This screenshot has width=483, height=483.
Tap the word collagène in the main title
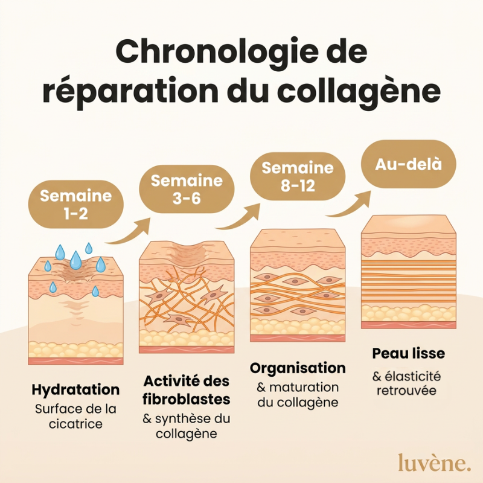pyautogui.click(x=359, y=92)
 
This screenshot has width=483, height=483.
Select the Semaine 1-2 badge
pyautogui.click(x=76, y=204)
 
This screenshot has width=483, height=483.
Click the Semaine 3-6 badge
pyautogui.click(x=187, y=189)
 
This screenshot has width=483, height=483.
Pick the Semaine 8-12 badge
pyautogui.click(x=298, y=176)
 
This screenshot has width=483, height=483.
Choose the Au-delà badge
pyautogui.click(x=409, y=164)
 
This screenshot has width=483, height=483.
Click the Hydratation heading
pyautogui.click(x=76, y=389)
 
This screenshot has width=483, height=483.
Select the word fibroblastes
pyautogui.click(x=187, y=399)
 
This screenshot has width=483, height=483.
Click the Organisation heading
pyautogui.click(x=298, y=368)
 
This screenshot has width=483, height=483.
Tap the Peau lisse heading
pyautogui.click(x=409, y=353)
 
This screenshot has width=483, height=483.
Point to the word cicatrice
pyautogui.click(x=76, y=424)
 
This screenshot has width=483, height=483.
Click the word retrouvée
pyautogui.click(x=406, y=391)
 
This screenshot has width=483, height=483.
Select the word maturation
pyautogui.click(x=304, y=388)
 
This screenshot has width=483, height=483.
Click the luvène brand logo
pyautogui.click(x=434, y=462)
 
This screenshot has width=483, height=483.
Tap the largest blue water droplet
pyautogui.click(x=76, y=260)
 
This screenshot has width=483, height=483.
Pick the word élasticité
pyautogui.click(x=412, y=376)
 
